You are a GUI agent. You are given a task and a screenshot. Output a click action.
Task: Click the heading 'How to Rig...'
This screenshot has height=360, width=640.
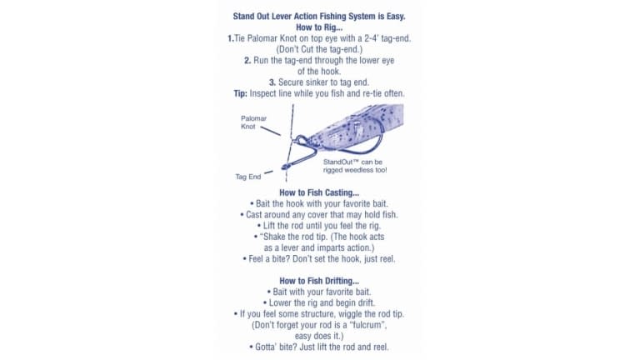(x=319, y=27)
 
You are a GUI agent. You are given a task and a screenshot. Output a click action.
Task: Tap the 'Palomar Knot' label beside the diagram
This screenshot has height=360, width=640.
(x=253, y=122)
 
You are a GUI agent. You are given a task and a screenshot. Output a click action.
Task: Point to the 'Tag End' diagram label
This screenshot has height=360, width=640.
(x=247, y=177)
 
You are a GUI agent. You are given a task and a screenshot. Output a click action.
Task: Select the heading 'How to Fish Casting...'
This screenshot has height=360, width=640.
(x=319, y=192)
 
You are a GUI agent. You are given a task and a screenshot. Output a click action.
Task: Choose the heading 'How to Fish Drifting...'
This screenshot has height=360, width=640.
(x=319, y=281)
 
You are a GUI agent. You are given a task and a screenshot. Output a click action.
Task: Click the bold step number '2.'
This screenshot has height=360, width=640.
(x=247, y=61)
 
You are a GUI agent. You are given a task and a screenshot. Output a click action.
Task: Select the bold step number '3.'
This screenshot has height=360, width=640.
(x=272, y=82)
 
